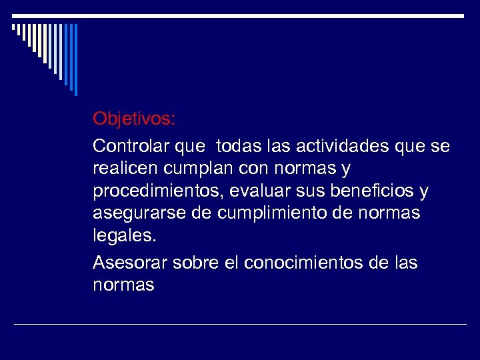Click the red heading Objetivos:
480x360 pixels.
pyautogui.click(x=134, y=119)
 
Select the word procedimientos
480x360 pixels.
pyautogui.click(x=158, y=192)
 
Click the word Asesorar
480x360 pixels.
pyautogui.click(x=130, y=263)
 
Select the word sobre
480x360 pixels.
pyautogui.click(x=195, y=263)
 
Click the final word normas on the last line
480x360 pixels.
pyautogui.click(x=123, y=286)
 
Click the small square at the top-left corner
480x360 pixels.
pyautogui.click(x=14, y=27)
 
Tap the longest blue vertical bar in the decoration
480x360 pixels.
pyautogui.click(x=75, y=59)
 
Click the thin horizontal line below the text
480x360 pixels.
pyautogui.click(x=240, y=324)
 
